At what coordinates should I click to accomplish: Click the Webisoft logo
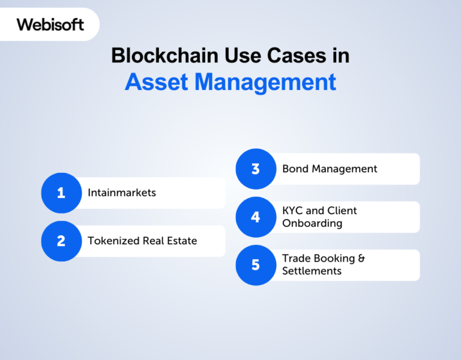[x=50, y=25]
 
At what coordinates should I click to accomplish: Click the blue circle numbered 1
[x=61, y=193]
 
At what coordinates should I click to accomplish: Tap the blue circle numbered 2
[x=61, y=241]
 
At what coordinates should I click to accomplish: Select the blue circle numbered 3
[x=255, y=169]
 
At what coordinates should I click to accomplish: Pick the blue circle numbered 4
[x=255, y=217]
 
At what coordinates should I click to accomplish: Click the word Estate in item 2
[x=181, y=241]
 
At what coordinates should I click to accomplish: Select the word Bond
[x=294, y=169]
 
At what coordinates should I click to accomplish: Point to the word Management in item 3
[x=343, y=169]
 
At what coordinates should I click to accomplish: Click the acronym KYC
[x=293, y=211]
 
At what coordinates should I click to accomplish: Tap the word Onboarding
[x=312, y=223]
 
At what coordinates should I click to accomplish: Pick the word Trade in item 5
[x=296, y=259]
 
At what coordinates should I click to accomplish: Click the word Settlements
[x=312, y=271]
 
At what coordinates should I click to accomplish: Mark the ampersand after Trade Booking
[x=361, y=259]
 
